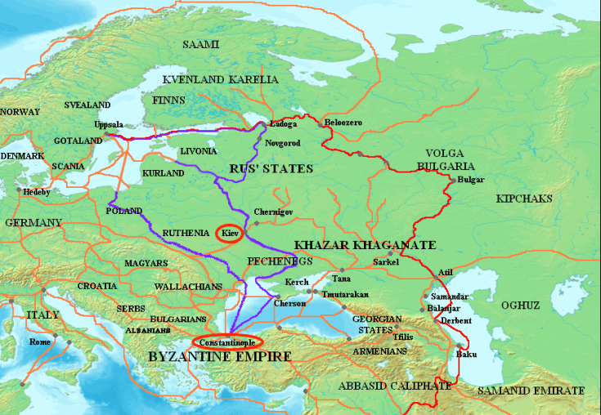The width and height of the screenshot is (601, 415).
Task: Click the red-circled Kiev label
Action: (x=230, y=234)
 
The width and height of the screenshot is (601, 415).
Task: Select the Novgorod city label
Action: (x=284, y=143)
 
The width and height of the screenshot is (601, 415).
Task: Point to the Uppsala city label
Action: (x=108, y=124)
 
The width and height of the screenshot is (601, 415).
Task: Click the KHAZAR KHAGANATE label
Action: (x=365, y=245)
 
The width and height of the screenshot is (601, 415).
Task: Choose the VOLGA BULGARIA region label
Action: (x=449, y=160)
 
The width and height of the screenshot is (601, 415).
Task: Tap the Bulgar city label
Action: (x=471, y=179)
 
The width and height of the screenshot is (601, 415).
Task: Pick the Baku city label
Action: (x=466, y=354)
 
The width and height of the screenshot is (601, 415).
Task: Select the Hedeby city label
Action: (x=36, y=192)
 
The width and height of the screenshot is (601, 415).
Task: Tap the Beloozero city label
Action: (x=343, y=123)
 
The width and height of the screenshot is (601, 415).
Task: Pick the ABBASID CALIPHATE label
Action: (x=396, y=385)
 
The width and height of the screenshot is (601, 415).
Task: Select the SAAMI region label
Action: (x=200, y=44)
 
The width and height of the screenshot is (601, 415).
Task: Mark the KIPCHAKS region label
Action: (x=523, y=199)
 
